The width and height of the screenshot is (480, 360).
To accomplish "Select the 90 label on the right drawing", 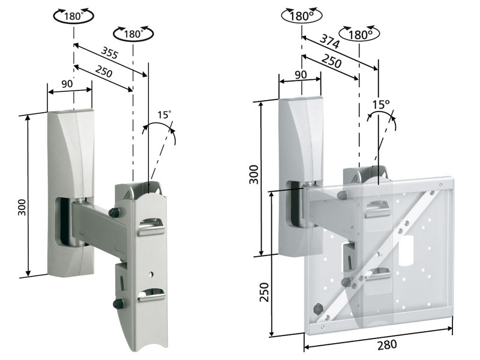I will tap(301, 74).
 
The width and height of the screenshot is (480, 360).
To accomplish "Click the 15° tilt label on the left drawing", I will tap(164, 114).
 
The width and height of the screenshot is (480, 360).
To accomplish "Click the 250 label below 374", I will tap(332, 62).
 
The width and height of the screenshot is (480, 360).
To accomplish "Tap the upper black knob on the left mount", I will tap(113, 212).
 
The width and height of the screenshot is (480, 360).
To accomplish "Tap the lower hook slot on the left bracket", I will tap(152, 295).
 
